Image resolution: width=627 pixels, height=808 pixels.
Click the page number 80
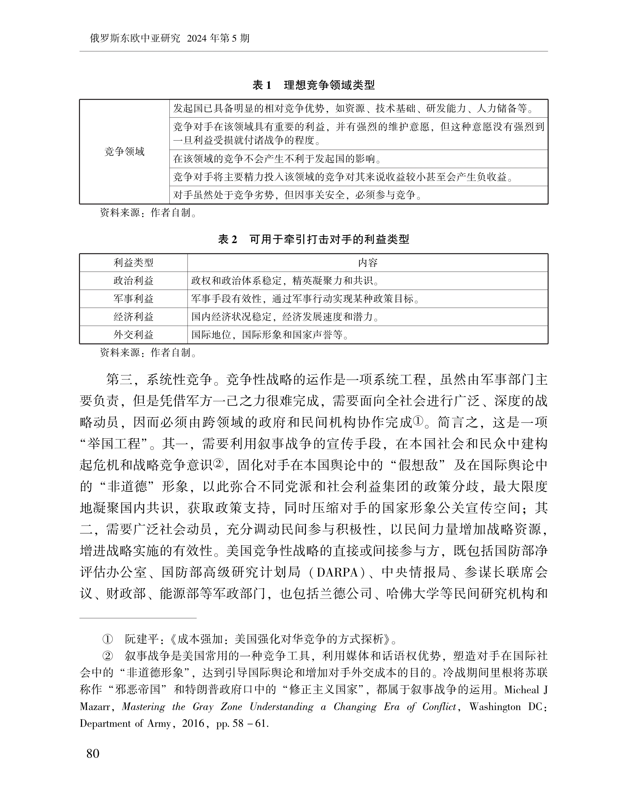coord(93,753)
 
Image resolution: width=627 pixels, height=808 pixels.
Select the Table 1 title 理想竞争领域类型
coord(329,86)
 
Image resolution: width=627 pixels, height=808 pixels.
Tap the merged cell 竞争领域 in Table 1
coord(124,152)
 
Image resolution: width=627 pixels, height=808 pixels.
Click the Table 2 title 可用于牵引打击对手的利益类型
coord(329,239)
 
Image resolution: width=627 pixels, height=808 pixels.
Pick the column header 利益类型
coord(133,263)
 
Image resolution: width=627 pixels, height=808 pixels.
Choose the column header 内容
coord(368,263)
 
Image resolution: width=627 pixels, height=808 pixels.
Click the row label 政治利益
coord(133,281)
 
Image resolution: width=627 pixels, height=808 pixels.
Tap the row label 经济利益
coord(133,317)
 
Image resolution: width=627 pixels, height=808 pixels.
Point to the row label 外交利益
coord(133,335)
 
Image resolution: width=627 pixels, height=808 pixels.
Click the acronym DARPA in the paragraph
coord(338,573)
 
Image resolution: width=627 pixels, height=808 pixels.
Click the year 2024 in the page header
coord(198,38)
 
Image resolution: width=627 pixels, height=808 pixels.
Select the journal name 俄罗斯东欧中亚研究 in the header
coord(135,38)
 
